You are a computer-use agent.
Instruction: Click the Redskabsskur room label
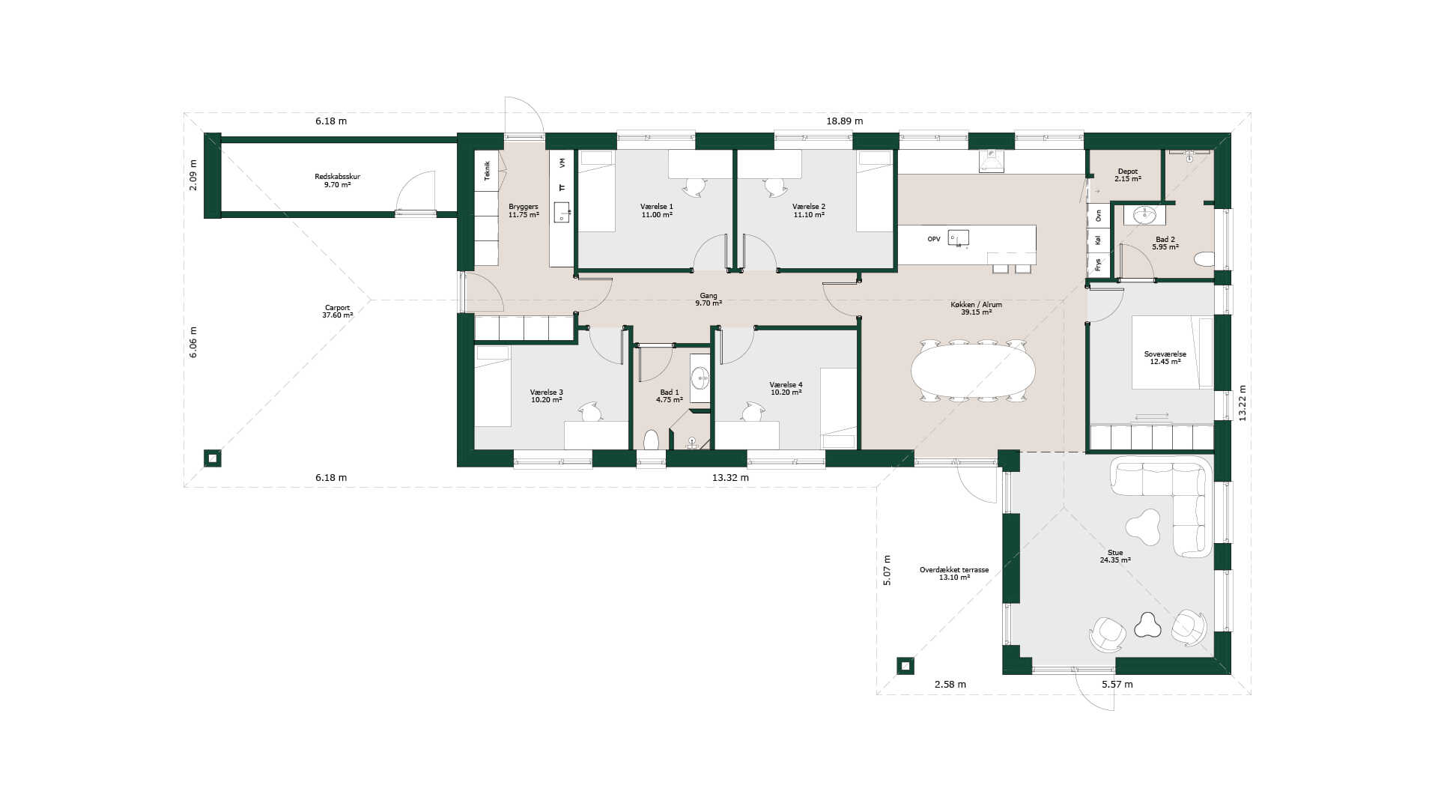[x=337, y=181]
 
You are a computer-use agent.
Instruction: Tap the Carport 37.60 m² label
[x=337, y=312]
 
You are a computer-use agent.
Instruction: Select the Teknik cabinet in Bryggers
[x=487, y=170]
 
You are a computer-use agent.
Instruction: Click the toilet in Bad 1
[x=651, y=440]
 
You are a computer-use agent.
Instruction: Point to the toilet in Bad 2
[x=1204, y=259]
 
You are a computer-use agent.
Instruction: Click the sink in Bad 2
[x=1144, y=215]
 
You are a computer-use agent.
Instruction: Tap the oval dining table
[x=973, y=370]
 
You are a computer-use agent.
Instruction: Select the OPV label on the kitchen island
[x=934, y=239]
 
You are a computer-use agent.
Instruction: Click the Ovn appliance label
[x=1098, y=216]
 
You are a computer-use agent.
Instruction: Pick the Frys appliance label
[x=1098, y=264]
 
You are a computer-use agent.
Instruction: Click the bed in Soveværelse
[x=1172, y=352]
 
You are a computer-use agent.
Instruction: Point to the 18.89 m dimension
[x=844, y=121]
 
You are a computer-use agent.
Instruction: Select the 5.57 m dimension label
[x=1117, y=684]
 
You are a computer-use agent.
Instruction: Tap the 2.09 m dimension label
[x=193, y=175]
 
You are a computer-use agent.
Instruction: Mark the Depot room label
[x=1127, y=175]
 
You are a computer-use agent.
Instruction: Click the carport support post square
[x=213, y=458]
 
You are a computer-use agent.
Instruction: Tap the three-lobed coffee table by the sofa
[x=1143, y=527]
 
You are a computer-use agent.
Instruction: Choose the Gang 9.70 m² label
[x=708, y=300]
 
